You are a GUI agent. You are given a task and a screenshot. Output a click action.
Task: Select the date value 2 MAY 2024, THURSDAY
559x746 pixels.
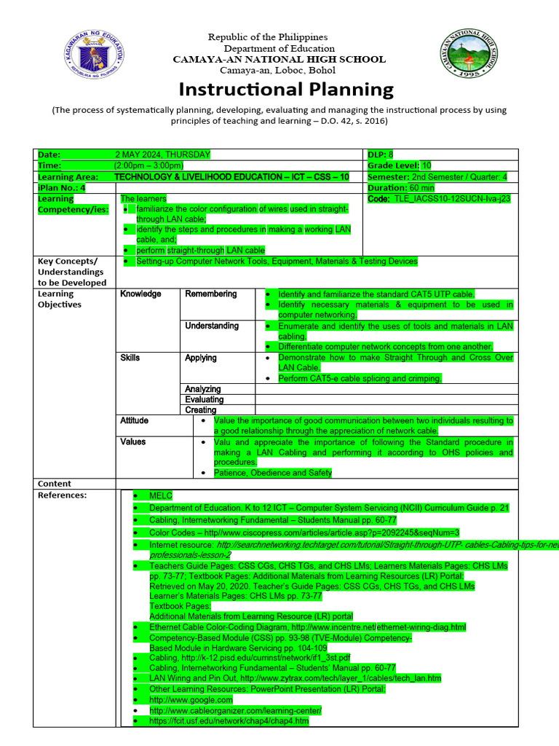point(162,154)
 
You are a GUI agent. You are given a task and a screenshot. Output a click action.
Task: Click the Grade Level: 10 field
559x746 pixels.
point(400,165)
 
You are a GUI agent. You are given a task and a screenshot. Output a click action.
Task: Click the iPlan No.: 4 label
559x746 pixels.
point(61,187)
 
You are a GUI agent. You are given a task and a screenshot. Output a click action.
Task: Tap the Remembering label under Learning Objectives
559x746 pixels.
point(210,294)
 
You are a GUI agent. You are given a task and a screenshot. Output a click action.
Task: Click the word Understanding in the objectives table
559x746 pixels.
point(212,326)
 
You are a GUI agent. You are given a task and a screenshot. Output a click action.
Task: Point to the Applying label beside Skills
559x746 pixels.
point(200,358)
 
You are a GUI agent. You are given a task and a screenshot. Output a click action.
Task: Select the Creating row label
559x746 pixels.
point(200,410)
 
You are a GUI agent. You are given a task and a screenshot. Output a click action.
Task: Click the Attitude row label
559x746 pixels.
point(134,420)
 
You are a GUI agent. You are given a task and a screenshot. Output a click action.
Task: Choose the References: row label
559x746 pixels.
point(62,495)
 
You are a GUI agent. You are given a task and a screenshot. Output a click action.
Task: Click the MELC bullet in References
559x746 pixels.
point(160,495)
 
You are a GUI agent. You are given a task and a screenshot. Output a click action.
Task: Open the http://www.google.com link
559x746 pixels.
point(191,699)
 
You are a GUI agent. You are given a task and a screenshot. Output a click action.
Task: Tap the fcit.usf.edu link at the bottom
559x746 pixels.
point(229,721)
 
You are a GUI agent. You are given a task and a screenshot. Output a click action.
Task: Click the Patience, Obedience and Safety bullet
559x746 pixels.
point(273,473)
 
